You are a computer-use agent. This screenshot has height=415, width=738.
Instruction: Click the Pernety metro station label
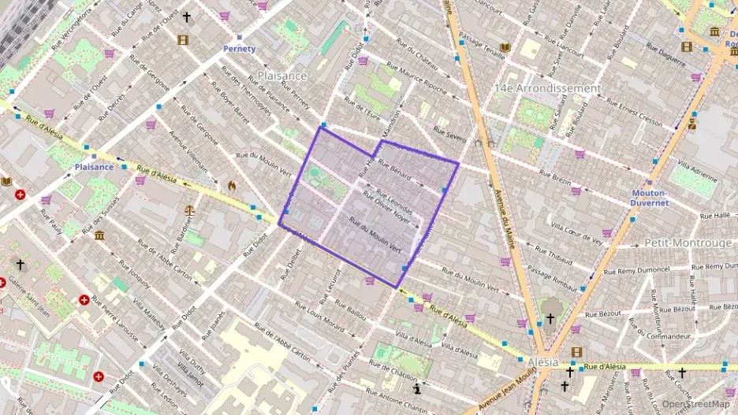pos(240,49)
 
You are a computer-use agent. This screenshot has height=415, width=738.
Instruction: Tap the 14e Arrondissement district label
pos(547,88)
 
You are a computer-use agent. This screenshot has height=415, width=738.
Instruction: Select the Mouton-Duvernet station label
pos(650,198)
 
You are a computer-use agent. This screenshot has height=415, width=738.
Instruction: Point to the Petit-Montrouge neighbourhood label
pos(688,243)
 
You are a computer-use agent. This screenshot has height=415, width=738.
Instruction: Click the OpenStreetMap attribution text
pos(695,404)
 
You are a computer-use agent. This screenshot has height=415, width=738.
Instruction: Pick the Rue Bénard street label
pos(394,171)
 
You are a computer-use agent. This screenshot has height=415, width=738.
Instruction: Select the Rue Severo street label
pos(450,135)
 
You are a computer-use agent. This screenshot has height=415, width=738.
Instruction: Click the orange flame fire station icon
pos(232,186)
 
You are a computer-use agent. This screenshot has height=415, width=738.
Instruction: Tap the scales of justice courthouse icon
pos(189,211)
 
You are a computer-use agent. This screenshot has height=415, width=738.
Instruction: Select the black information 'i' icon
pos(417,388)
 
